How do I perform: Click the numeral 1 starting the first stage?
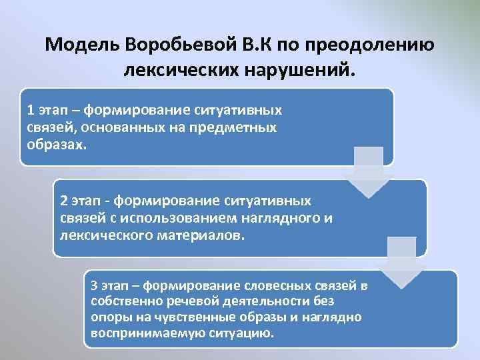click(30, 109)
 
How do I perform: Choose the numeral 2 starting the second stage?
click(63, 201)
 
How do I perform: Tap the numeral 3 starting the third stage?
click(94, 286)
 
